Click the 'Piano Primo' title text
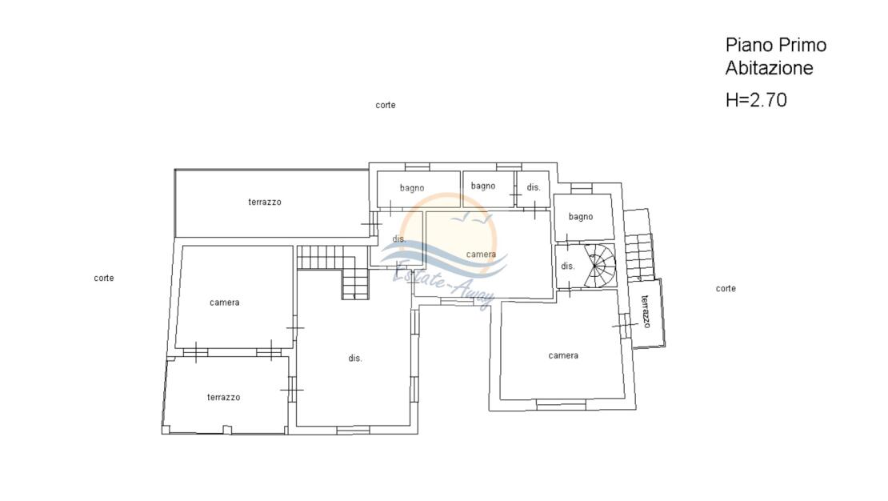pyautogui.click(x=776, y=45)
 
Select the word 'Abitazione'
pyautogui.click(x=769, y=68)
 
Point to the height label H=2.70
pyautogui.click(x=756, y=100)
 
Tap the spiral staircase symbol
pyautogui.click(x=599, y=265)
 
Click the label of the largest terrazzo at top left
pyautogui.click(x=265, y=202)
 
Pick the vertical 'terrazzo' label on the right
pyautogui.click(x=646, y=311)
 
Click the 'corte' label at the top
pyautogui.click(x=385, y=105)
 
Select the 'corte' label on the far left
pyautogui.click(x=104, y=278)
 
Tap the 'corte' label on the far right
pyautogui.click(x=726, y=288)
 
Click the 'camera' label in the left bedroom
pyautogui.click(x=224, y=303)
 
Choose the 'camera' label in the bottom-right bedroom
pyautogui.click(x=563, y=355)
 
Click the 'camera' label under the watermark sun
pyautogui.click(x=481, y=255)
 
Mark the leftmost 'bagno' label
pyautogui.click(x=412, y=188)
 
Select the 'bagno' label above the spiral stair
pyautogui.click(x=581, y=217)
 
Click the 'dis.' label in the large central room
pyautogui.click(x=355, y=359)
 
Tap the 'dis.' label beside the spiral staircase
pyautogui.click(x=567, y=266)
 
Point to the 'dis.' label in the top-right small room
pyautogui.click(x=534, y=187)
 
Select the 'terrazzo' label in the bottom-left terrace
pyautogui.click(x=223, y=397)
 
